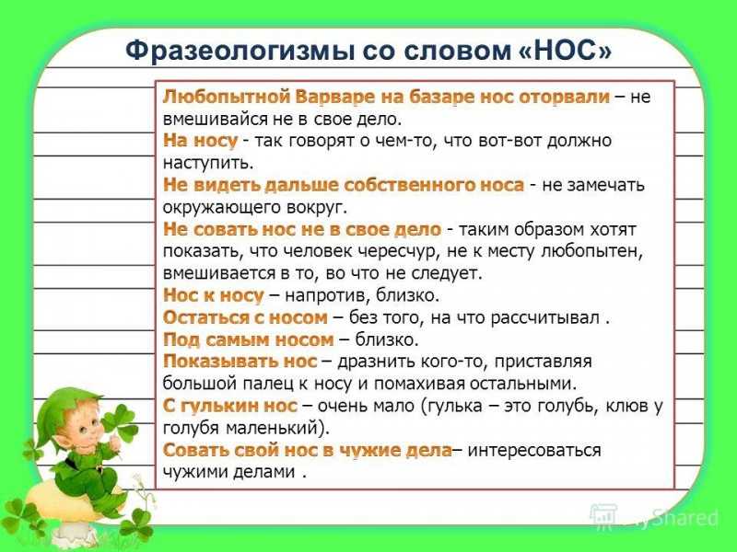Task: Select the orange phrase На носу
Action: [200, 141]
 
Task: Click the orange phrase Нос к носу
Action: [213, 295]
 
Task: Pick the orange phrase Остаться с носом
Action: [245, 317]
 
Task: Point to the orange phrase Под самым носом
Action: [248, 339]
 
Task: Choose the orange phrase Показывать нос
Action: [240, 362]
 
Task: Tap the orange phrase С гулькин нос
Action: [229, 406]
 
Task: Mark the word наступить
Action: [208, 163]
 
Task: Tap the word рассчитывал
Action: [545, 317]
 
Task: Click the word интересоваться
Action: [534, 450]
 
